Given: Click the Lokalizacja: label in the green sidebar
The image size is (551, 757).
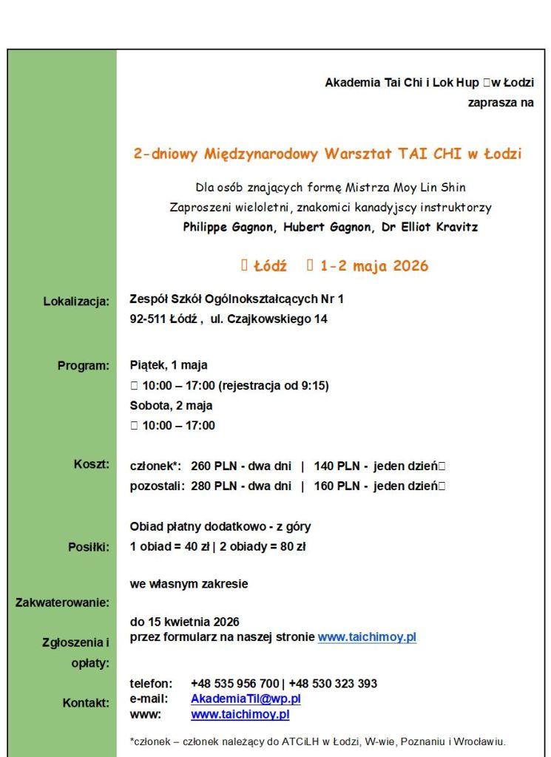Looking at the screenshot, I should click(76, 301).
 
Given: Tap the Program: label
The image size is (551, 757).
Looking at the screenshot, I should click(83, 365).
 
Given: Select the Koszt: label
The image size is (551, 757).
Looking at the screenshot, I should click(91, 464).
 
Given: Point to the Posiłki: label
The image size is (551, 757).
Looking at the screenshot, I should click(88, 547).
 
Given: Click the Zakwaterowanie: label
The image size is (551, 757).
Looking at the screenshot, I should click(62, 602).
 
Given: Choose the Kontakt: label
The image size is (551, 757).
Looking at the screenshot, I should click(86, 703).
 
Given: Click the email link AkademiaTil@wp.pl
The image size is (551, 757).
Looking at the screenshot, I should click(246, 699).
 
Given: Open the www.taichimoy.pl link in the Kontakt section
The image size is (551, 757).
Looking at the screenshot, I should click(240, 715).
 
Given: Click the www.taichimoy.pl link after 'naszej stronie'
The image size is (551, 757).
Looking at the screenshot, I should click(367, 637).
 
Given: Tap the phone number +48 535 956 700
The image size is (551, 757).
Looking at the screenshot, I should click(235, 683).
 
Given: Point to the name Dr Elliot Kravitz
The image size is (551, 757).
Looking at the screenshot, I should click(430, 227).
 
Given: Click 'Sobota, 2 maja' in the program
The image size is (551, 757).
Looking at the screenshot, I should click(171, 405).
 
